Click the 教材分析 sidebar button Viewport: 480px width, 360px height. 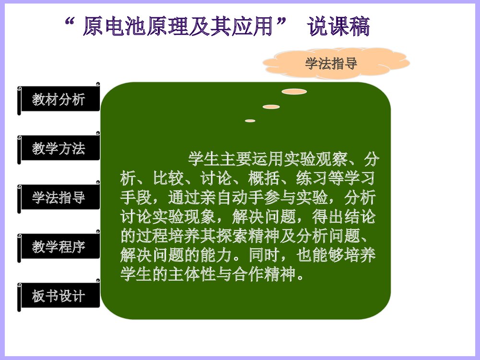coord(59,99)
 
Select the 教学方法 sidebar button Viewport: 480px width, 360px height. coord(59,149)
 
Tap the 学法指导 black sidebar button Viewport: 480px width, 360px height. coord(59,198)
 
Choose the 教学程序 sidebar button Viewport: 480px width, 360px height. coord(59,247)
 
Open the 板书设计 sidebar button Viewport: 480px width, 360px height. coord(59,296)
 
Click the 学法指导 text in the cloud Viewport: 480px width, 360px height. coord(331,63)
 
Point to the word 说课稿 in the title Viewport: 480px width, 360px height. coord(339,27)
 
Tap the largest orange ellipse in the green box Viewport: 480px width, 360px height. coord(294,92)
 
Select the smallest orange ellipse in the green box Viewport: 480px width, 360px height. coord(250,120)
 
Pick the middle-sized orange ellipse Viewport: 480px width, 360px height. coord(271,107)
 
